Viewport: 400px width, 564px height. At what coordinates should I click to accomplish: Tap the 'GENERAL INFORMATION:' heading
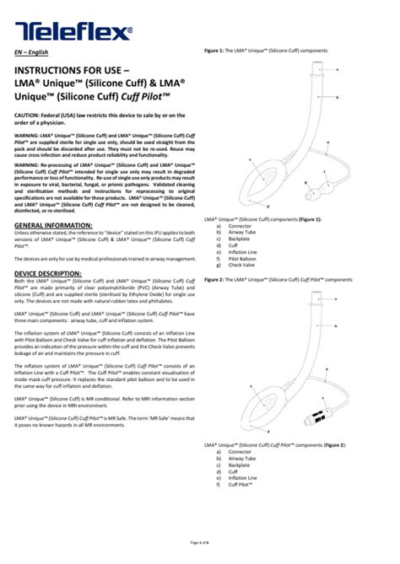pos(54,227)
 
